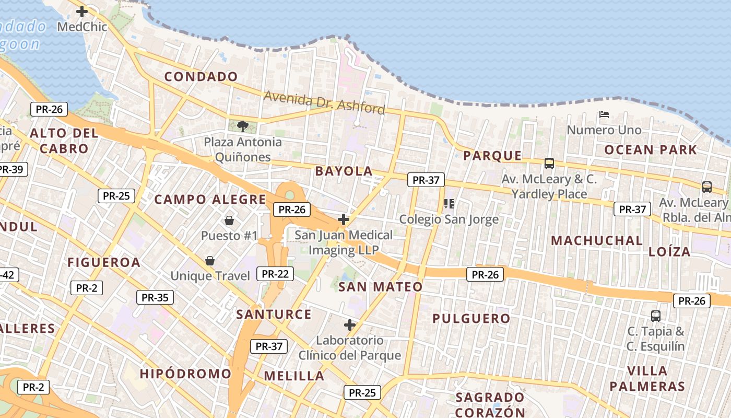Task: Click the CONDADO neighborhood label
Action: click(201, 77)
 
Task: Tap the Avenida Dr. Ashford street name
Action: click(324, 102)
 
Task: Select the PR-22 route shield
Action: click(275, 273)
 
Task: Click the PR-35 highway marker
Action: click(155, 297)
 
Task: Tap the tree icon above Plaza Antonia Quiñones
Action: click(242, 126)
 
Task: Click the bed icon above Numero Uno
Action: click(604, 114)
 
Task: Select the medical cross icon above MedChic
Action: click(82, 11)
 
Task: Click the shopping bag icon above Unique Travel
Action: click(210, 260)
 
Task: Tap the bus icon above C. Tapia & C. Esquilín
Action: click(656, 316)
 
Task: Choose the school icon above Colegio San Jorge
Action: click(449, 203)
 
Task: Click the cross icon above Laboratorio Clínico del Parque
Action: click(350, 325)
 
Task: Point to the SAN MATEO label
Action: click(380, 286)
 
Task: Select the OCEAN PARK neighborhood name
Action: click(651, 150)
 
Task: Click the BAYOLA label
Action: click(344, 171)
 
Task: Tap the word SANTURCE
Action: click(274, 314)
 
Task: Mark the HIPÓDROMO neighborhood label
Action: click(185, 374)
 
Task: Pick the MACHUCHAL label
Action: click(597, 241)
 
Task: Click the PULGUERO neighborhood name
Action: click(471, 318)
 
